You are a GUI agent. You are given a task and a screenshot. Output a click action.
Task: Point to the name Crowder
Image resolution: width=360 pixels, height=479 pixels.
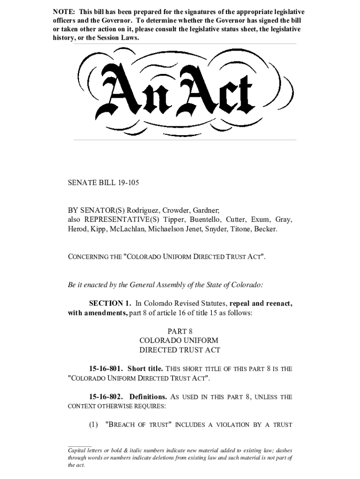click(178, 210)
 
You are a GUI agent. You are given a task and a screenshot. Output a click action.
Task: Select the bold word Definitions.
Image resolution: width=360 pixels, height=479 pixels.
click(148, 397)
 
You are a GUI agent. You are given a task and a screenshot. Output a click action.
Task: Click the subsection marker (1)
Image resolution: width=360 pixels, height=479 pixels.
click(94, 425)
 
